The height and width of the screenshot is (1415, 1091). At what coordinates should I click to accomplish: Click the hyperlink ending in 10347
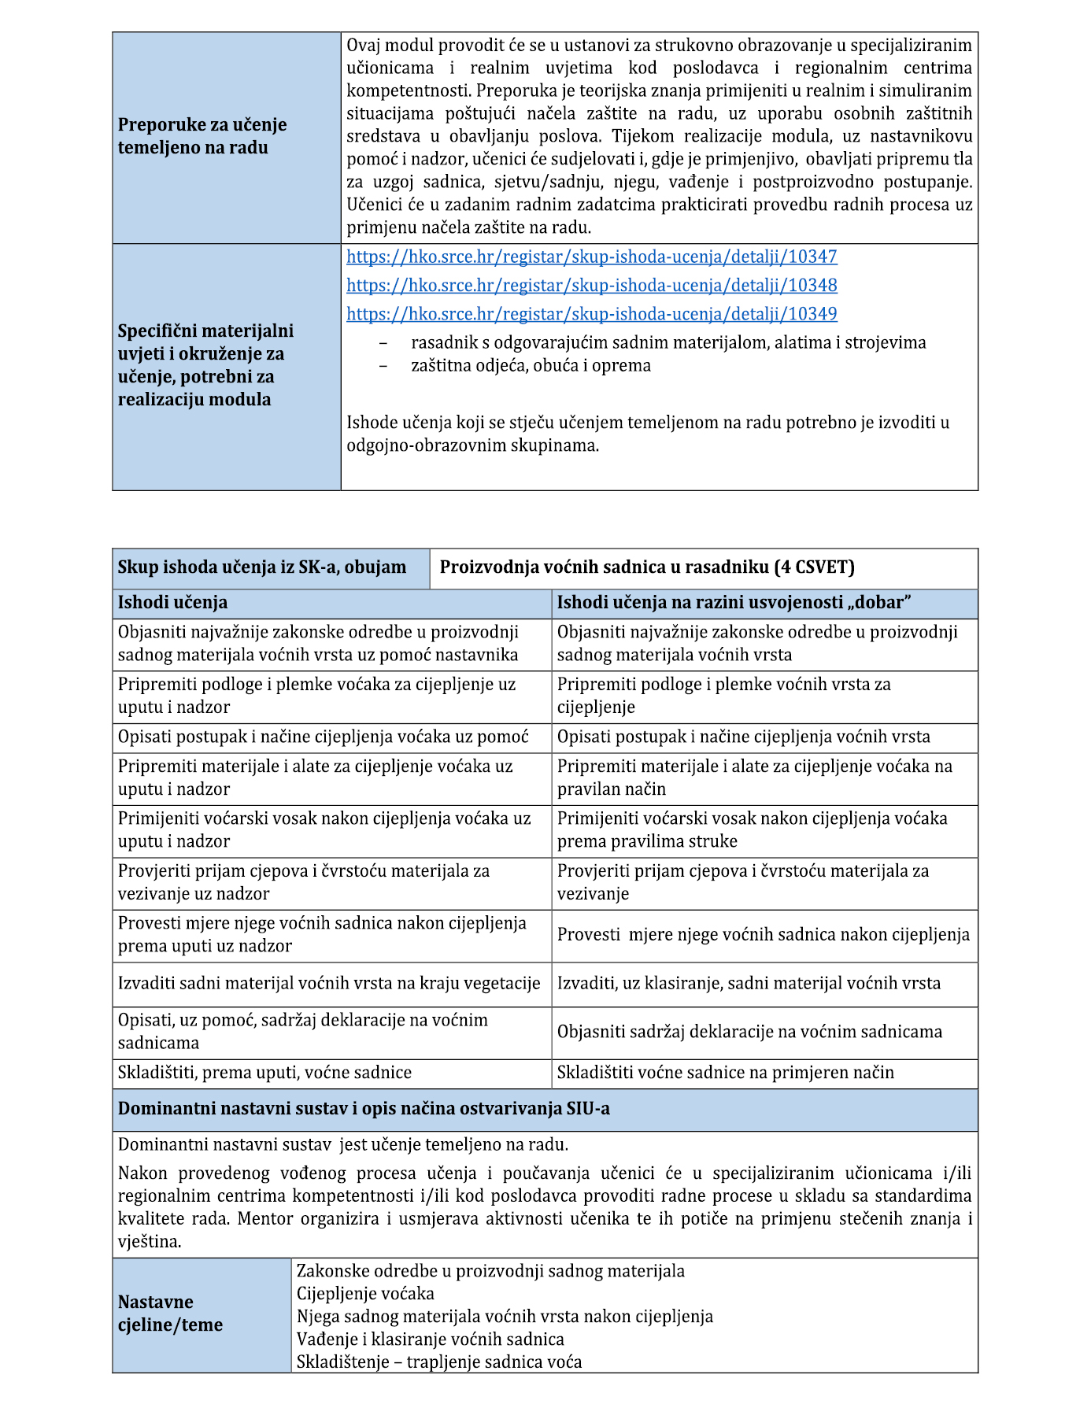pos(591,257)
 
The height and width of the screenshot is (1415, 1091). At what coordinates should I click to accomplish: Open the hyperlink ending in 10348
pos(591,285)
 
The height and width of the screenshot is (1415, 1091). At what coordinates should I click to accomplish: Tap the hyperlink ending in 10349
pos(591,314)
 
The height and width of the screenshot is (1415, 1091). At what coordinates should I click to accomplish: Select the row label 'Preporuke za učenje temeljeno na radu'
pos(202,136)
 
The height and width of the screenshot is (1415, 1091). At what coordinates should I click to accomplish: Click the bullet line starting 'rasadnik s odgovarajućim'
pos(668,342)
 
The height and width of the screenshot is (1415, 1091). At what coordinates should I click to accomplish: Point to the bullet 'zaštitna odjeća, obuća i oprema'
pos(531,365)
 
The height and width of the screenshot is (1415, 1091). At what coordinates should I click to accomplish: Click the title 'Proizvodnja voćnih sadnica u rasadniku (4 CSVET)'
pos(646,567)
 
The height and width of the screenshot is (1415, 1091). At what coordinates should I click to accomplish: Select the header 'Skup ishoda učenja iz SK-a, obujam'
pos(262,567)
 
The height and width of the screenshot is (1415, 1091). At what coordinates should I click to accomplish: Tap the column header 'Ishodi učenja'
pos(172,603)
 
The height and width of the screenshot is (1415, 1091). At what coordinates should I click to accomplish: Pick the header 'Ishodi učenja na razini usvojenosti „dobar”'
pos(734,603)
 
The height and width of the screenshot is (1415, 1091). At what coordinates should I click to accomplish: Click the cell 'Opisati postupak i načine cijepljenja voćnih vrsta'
pos(743,737)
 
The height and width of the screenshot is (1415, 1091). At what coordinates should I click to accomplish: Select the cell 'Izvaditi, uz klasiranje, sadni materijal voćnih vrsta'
pos(749,984)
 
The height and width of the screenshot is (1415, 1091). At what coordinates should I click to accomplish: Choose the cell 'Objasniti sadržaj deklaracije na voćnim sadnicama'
pos(749,1032)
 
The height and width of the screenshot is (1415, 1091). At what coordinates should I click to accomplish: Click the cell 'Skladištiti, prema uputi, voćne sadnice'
pos(264,1073)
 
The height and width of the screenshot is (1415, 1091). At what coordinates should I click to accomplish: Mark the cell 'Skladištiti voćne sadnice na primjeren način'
pos(725,1073)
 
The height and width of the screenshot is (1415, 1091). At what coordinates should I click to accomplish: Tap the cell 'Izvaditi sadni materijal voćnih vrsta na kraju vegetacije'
pos(329,984)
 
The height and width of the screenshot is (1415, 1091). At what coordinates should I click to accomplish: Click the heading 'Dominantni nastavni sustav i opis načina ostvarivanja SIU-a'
pos(364,1109)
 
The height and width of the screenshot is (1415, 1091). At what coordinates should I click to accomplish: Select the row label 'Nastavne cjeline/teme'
pos(170,1313)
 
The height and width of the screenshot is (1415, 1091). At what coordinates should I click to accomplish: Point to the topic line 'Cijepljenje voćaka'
pos(365,1294)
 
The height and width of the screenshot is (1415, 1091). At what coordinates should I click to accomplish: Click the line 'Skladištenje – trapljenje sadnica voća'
pos(439,1362)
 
